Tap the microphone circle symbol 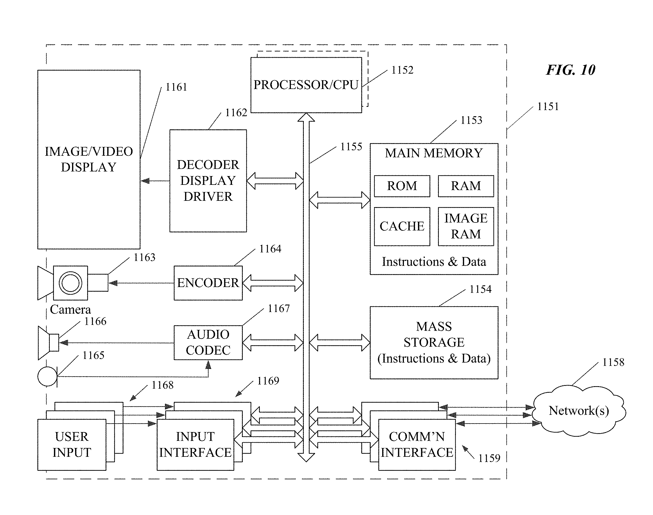tap(38, 376)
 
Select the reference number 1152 tap(402, 70)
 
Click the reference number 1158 tap(613, 362)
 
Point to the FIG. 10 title tap(571, 70)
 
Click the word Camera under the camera tap(70, 309)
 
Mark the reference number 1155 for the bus tap(351, 147)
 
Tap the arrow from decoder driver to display tap(155, 181)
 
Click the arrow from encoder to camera tap(141, 283)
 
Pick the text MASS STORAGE tap(434, 334)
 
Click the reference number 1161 tap(176, 87)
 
